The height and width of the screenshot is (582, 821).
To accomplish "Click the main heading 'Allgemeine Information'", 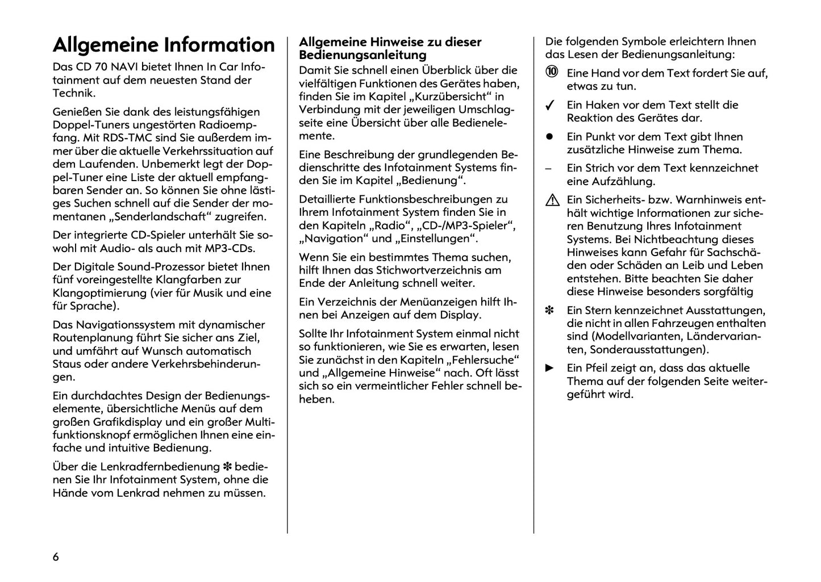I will pyautogui.click(x=164, y=45).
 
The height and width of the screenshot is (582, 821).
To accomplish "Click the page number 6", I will pyautogui.click(x=56, y=556).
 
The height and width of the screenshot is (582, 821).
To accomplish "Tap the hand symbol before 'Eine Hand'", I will pyautogui.click(x=552, y=72).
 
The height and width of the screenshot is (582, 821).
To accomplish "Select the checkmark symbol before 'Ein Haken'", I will pyautogui.click(x=549, y=106).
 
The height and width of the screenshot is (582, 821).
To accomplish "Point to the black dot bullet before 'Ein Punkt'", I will pyautogui.click(x=549, y=137).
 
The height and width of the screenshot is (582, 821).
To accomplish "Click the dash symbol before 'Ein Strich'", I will pyautogui.click(x=548, y=169).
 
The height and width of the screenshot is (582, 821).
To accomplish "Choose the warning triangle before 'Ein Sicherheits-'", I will pyautogui.click(x=552, y=200).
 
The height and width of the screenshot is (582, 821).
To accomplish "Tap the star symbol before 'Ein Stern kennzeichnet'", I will pyautogui.click(x=549, y=311).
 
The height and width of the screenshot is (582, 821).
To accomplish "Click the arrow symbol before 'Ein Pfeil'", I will pyautogui.click(x=549, y=368).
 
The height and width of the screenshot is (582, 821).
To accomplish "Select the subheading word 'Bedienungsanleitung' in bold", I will pyautogui.click(x=362, y=55).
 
